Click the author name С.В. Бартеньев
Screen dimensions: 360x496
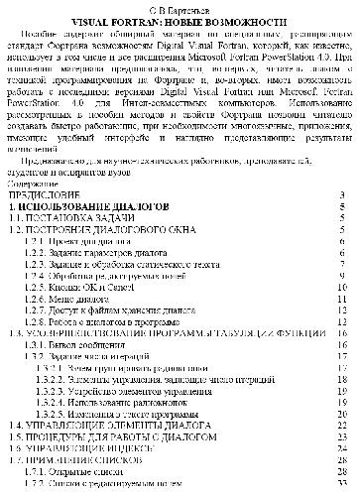[x=180, y=6]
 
